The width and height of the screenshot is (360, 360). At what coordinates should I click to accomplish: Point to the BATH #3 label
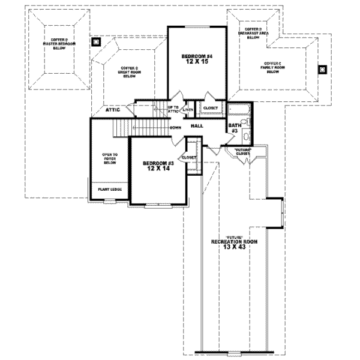tap(235, 128)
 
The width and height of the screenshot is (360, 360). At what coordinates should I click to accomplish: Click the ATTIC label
tap(114, 110)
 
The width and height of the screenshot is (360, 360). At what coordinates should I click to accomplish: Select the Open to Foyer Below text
tap(110, 158)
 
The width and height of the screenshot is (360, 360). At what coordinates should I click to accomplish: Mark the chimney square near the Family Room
tap(323, 69)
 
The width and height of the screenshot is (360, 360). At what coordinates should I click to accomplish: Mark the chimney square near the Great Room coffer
tap(96, 43)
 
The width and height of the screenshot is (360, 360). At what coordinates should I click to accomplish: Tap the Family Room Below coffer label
tap(277, 67)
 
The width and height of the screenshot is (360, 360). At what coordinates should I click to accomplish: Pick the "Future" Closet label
tap(243, 151)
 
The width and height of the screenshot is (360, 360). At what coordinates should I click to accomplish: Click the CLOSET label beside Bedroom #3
tap(189, 157)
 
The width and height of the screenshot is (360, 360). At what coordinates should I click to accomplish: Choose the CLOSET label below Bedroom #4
tap(211, 109)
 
